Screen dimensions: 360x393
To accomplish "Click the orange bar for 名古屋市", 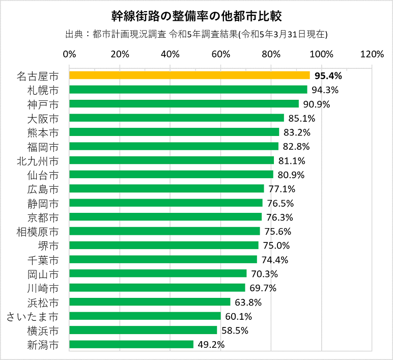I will click(189, 75).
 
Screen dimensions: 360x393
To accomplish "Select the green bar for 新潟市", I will click(131, 344).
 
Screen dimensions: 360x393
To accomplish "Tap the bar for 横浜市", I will click(143, 330).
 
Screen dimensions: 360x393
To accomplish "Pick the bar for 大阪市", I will click(177, 118).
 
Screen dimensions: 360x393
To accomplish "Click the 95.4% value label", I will click(328, 76).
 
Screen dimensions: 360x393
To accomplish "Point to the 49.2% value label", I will click(211, 345).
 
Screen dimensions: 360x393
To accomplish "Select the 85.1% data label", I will click(301, 119).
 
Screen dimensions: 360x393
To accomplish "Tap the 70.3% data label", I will click(264, 274).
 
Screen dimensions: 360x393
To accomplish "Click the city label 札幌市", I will click(43, 90).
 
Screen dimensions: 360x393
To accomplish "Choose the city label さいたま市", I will click(33, 316).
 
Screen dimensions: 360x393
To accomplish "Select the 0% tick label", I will click(69, 54).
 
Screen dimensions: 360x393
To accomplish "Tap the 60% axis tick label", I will click(220, 54).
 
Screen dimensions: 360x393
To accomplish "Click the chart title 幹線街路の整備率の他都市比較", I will click(196, 15).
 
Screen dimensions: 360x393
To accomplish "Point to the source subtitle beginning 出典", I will click(196, 35).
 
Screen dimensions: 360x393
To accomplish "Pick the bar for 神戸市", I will click(184, 104).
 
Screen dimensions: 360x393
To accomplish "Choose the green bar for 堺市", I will click(164, 245).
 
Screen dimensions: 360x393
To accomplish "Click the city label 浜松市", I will click(43, 302).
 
